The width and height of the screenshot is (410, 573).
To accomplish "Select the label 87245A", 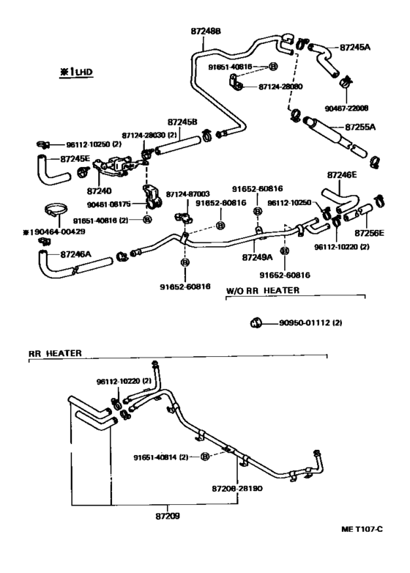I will click(x=355, y=48).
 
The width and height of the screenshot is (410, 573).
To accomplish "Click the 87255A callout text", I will click(x=359, y=127).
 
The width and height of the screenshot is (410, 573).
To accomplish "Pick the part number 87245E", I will click(x=75, y=158).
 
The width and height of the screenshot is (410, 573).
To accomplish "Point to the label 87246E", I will click(x=342, y=176).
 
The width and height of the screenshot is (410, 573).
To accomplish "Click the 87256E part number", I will click(x=370, y=234).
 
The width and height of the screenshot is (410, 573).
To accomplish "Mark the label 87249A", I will click(x=257, y=257).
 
